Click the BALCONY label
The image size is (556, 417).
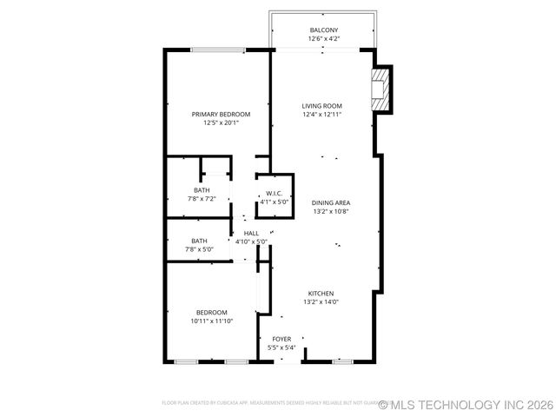(x=323, y=30)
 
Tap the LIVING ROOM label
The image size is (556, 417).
(x=322, y=106)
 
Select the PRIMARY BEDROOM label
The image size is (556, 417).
(x=221, y=115)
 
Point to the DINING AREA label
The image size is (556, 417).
(x=331, y=203)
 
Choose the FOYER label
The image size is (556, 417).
(x=282, y=339)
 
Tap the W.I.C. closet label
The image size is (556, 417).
(x=275, y=194)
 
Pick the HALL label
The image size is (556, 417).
(x=251, y=233)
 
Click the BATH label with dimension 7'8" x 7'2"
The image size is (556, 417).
(x=202, y=190)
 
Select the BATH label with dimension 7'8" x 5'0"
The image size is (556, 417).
(x=199, y=241)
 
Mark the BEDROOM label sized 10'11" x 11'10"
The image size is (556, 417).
(x=211, y=313)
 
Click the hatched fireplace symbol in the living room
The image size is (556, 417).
(x=380, y=90)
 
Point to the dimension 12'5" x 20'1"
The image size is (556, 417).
(x=221, y=123)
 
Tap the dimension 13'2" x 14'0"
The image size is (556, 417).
(x=321, y=302)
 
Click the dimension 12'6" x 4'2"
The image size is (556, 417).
(x=323, y=39)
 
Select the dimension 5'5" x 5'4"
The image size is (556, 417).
(x=282, y=347)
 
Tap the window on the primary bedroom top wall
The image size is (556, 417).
(x=217, y=50)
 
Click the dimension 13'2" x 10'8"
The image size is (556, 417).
(x=331, y=212)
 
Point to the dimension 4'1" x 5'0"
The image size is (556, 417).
(x=275, y=202)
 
